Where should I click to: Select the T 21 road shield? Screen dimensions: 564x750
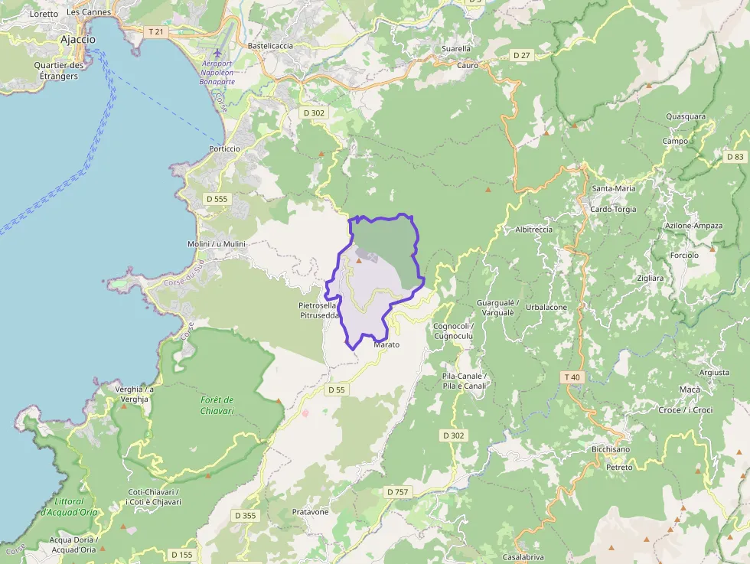point(155,31)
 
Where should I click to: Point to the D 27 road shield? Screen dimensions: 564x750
point(522,55)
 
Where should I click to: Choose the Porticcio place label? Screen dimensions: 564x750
point(224,148)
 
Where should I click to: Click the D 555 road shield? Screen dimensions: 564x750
point(217,199)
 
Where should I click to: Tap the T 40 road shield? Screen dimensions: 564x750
point(572,377)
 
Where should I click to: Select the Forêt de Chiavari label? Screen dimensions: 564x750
point(217,406)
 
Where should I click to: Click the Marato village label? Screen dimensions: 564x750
point(386,345)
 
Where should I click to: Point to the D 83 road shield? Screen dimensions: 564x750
point(735,157)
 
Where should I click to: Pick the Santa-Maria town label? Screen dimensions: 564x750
point(614,188)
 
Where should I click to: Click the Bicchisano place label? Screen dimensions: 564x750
point(611,449)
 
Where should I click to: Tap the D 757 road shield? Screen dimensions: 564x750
point(397,491)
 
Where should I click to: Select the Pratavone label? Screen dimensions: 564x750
point(310,512)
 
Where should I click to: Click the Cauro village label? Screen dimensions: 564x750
point(468,66)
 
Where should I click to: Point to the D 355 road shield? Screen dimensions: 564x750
point(245,516)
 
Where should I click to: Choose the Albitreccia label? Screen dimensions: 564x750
point(534,230)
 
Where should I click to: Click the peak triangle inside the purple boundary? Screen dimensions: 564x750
point(357,261)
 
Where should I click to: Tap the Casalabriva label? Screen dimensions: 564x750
point(523,556)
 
